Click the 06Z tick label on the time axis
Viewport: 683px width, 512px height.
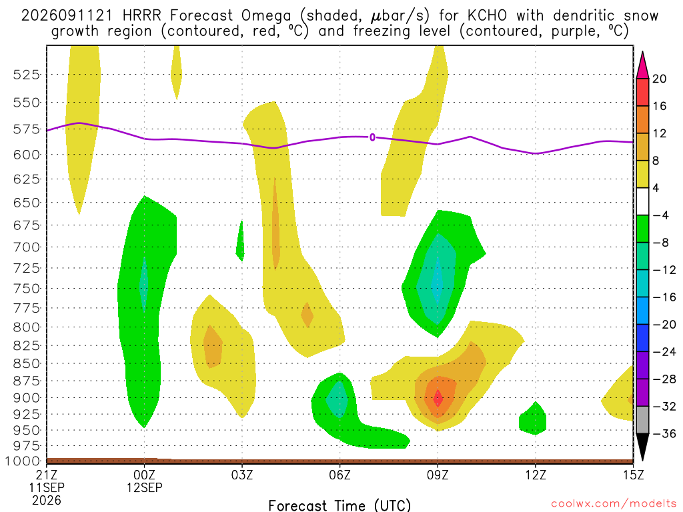coord(339,475)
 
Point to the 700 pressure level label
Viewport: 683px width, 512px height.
coord(27,247)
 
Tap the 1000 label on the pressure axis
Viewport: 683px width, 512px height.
coord(23,461)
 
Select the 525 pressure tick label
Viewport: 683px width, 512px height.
coord(27,75)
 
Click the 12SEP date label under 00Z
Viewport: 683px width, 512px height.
coord(145,487)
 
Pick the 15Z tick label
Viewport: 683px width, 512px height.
coord(634,475)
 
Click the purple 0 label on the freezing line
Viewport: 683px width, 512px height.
coord(372,137)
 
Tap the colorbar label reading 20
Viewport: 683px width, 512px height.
coord(660,79)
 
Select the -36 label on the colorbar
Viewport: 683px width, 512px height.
coord(664,433)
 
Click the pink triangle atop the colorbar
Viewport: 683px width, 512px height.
coord(642,66)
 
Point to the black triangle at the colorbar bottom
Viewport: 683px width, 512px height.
coord(642,446)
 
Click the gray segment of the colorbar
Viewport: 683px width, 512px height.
coord(642,420)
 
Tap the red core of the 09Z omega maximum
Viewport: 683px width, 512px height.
coord(438,398)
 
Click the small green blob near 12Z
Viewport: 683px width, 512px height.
coord(533,419)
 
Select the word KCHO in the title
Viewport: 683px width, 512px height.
coord(488,16)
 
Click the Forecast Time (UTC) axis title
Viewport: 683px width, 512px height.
coord(339,505)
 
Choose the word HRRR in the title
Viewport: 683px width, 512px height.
coord(142,16)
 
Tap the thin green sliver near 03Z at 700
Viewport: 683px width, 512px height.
coord(240,241)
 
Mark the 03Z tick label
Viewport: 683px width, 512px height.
coord(242,475)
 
